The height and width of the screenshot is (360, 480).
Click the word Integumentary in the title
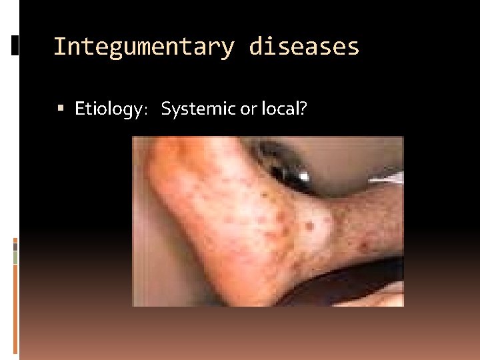click(143, 47)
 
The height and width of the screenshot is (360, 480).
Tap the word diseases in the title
click(304, 47)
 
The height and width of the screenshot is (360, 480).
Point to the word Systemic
click(199, 108)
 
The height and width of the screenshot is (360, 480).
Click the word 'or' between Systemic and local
click(247, 108)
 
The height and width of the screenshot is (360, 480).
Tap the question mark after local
click(302, 108)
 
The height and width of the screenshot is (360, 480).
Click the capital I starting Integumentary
click(57, 47)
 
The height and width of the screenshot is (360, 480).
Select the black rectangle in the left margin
click(15, 45)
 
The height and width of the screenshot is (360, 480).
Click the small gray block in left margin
click(15, 246)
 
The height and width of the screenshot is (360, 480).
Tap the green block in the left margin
click(15, 257)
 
